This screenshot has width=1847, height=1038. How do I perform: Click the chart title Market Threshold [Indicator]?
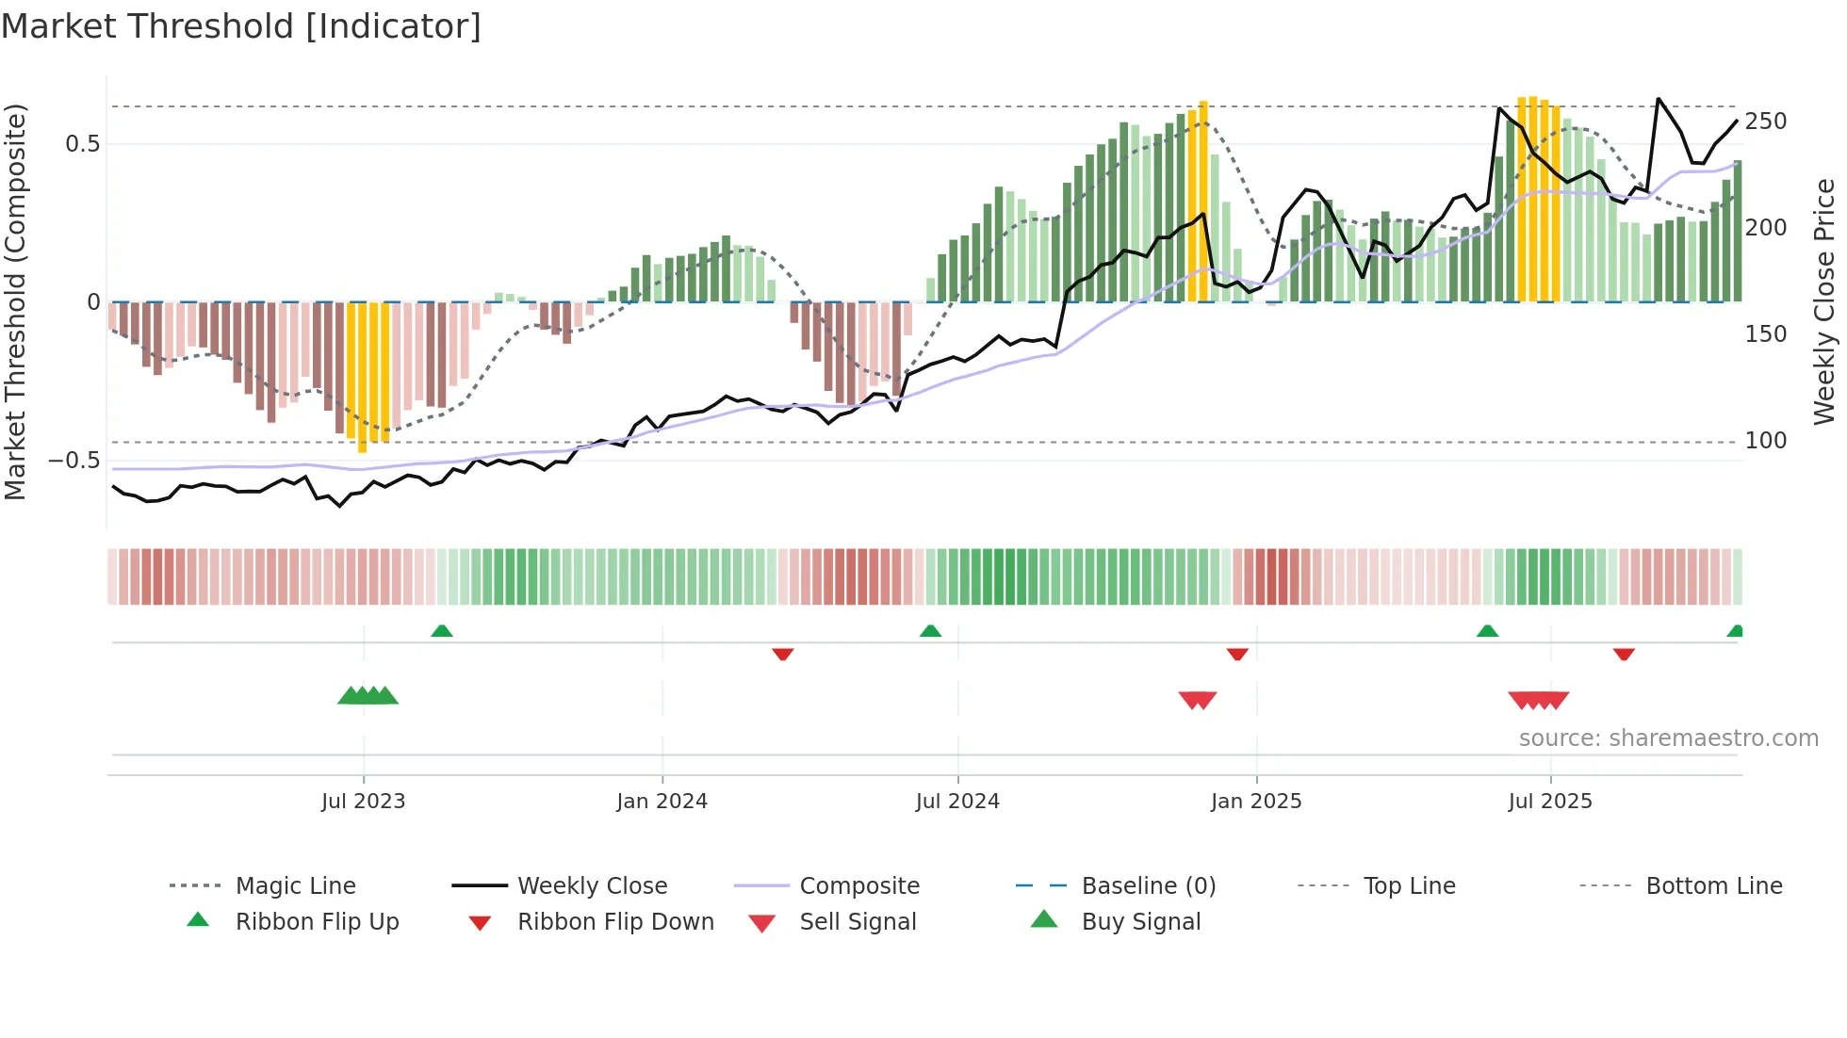click(241, 26)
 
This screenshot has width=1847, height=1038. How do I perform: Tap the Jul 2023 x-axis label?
click(363, 802)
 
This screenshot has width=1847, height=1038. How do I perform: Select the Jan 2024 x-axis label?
click(662, 802)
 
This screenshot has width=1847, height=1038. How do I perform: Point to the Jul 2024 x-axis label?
click(957, 802)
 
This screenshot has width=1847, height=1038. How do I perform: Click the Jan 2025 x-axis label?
click(1256, 802)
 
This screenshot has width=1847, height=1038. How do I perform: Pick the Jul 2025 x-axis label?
click(1550, 802)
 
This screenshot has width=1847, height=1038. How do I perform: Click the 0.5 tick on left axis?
click(82, 144)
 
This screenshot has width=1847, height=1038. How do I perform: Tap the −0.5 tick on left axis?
click(74, 461)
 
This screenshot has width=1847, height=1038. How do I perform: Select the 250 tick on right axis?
click(1766, 122)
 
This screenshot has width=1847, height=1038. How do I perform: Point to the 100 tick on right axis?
click(1766, 441)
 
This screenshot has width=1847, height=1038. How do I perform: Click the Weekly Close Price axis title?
click(1824, 301)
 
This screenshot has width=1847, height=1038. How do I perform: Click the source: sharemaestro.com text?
click(1668, 738)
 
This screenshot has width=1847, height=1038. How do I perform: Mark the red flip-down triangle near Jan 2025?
click(1237, 654)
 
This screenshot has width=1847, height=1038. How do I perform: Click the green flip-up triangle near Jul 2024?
click(930, 631)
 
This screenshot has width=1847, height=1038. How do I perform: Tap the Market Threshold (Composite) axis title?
click(15, 301)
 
